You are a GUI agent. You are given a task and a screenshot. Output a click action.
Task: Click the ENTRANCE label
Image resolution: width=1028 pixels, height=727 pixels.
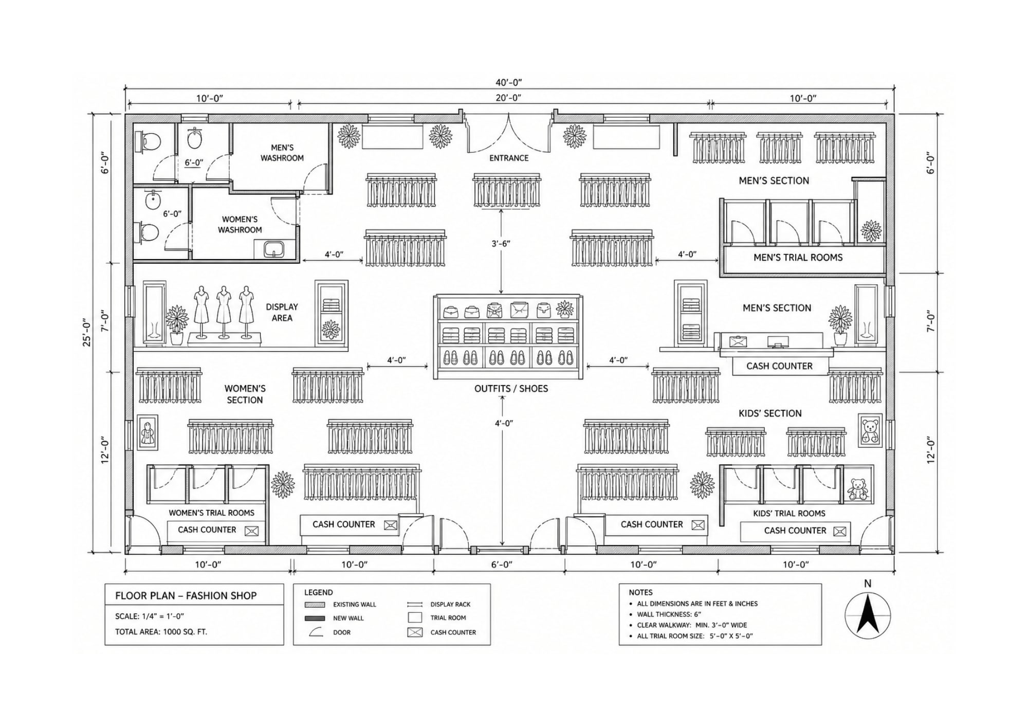508,158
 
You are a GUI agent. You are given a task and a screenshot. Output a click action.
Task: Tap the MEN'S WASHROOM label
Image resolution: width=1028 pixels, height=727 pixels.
282,153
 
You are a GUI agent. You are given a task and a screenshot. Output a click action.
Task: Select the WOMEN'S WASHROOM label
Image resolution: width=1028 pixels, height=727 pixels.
240,225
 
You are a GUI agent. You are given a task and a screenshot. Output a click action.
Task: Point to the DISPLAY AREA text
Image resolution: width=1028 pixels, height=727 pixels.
282,312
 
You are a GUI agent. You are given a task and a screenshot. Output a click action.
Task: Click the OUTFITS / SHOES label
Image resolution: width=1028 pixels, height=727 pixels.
511,389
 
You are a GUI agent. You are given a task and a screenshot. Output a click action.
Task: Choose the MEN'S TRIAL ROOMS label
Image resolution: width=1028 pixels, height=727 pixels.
798,258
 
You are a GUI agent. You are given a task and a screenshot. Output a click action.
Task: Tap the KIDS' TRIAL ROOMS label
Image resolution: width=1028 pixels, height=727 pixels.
789,513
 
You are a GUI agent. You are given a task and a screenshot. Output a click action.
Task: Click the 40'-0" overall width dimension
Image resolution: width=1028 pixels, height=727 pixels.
509,82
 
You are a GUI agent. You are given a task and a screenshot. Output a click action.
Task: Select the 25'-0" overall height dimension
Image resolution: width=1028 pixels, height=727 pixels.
87,333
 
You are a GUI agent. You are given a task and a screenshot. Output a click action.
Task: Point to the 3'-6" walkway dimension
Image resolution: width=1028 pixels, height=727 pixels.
501,243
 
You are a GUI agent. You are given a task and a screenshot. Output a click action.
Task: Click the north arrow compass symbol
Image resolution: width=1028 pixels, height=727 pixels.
868,615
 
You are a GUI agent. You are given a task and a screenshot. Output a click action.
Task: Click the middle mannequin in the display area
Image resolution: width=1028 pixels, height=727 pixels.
224,312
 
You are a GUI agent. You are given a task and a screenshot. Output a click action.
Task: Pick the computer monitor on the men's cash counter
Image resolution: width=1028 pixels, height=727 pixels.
778,341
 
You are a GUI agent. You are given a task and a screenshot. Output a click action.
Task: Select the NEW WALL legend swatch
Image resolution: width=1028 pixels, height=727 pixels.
315,618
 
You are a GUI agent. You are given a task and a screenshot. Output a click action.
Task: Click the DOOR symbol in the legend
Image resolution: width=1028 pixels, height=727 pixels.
316,632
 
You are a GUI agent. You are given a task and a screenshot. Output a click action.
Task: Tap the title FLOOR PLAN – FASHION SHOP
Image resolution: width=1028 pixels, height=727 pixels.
186,595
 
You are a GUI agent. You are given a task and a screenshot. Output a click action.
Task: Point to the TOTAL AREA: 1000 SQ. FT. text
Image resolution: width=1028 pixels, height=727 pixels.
161,631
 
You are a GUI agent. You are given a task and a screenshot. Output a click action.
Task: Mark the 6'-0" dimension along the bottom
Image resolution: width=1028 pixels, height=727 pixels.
502,565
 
